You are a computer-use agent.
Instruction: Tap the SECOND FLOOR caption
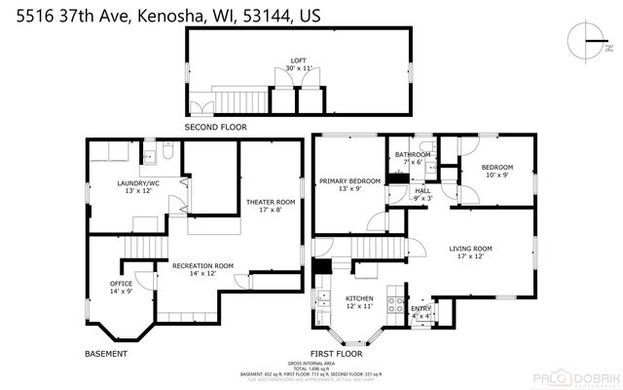click(215, 128)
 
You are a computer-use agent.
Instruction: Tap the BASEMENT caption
click(105, 353)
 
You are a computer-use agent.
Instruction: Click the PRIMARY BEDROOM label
click(349, 185)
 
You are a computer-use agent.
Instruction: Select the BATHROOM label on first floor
click(413, 157)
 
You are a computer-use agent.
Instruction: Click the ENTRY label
click(421, 312)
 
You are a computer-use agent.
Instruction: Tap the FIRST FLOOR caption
click(335, 353)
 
